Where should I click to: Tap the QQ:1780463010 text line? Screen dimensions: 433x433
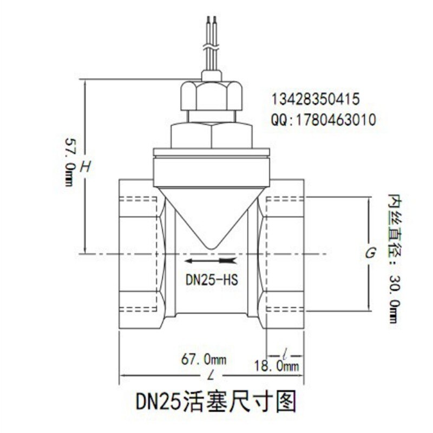323,120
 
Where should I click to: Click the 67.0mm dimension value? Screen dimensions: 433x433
204,359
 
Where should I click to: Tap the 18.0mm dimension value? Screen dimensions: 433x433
276,366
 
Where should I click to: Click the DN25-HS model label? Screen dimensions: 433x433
212,280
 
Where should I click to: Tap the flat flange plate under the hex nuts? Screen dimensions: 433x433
211,153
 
